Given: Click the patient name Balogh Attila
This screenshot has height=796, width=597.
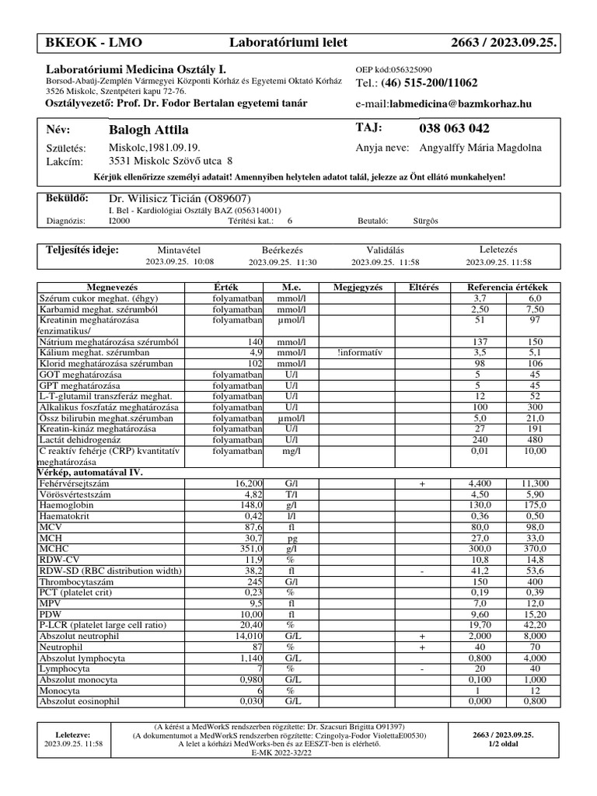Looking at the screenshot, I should (x=149, y=130).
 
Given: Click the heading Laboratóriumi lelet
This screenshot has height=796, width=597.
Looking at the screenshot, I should (x=288, y=42).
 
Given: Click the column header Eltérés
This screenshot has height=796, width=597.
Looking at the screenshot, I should (x=423, y=288).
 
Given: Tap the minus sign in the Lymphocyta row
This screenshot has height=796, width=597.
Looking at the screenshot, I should (x=422, y=669).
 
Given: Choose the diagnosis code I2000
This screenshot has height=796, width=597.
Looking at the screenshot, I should (x=120, y=221).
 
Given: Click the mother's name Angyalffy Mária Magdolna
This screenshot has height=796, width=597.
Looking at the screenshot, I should (x=480, y=148).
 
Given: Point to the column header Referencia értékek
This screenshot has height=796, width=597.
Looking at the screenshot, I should (x=507, y=288).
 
